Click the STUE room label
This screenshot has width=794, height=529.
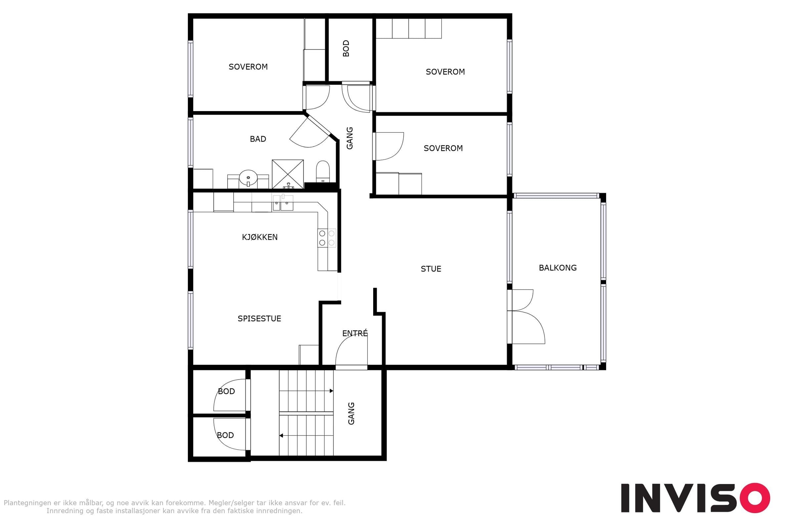click(x=431, y=269)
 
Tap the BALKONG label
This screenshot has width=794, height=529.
click(x=557, y=268)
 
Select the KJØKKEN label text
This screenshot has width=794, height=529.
click(x=260, y=237)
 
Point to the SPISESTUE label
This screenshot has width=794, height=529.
click(x=259, y=318)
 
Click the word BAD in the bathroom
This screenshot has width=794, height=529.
click(x=258, y=139)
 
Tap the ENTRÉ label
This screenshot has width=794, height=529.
click(x=355, y=333)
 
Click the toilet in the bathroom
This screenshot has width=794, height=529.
click(x=323, y=171)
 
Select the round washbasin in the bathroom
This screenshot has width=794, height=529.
click(x=248, y=178)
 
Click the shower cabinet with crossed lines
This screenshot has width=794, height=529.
click(x=287, y=174)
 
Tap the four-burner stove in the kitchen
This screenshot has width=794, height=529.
click(x=327, y=238)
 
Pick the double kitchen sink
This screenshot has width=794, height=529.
click(x=283, y=203)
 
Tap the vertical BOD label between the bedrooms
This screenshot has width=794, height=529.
click(x=346, y=49)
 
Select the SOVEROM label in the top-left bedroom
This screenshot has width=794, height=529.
click(x=248, y=67)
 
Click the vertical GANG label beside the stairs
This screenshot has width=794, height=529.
click(x=351, y=413)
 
